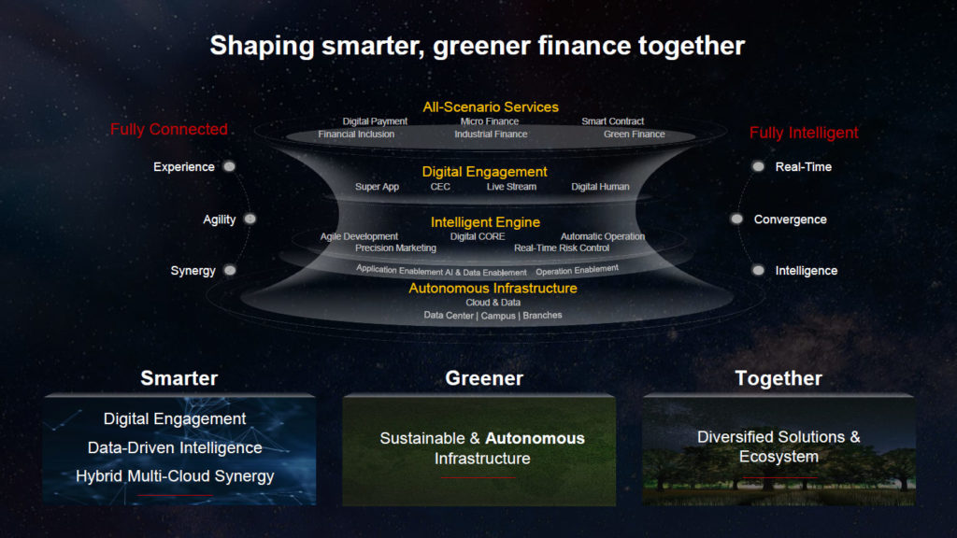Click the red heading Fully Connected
pyautogui.click(x=169, y=129)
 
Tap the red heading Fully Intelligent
pyautogui.click(x=804, y=133)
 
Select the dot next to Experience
pyautogui.click(x=230, y=166)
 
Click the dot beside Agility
pyautogui.click(x=250, y=219)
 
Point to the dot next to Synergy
pyautogui.click(x=230, y=270)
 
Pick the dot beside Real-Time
pyautogui.click(x=758, y=166)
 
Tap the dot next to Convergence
pyautogui.click(x=737, y=219)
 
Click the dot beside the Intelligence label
pyautogui.click(x=758, y=270)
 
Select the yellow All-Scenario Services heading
pyautogui.click(x=491, y=107)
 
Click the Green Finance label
pyautogui.click(x=635, y=134)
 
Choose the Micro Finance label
pyautogui.click(x=490, y=121)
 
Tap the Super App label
pyautogui.click(x=378, y=187)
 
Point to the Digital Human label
pyautogui.click(x=600, y=187)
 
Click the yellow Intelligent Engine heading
pyautogui.click(x=485, y=222)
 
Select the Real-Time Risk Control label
pyautogui.click(x=562, y=248)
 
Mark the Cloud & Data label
pyautogui.click(x=493, y=303)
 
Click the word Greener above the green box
pyautogui.click(x=484, y=378)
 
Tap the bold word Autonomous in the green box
pyautogui.click(x=535, y=438)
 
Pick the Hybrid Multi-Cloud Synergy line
pyautogui.click(x=175, y=476)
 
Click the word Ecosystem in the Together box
pyautogui.click(x=778, y=457)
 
